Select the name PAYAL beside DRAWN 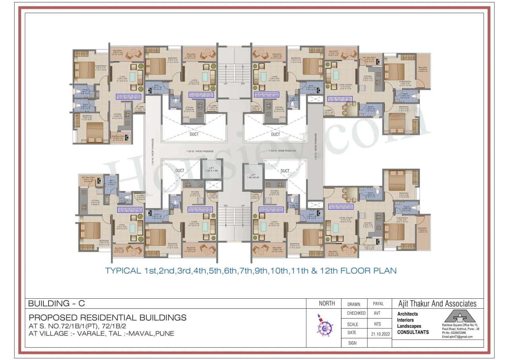pos(378,304)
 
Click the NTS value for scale pos(377,324)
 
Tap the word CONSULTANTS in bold pos(413,332)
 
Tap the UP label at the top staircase pos(226,84)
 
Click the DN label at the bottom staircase pos(225,206)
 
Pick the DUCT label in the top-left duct pos(194,134)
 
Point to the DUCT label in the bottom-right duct pos(285,171)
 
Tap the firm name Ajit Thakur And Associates pos(437,304)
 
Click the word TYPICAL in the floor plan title pos(122,271)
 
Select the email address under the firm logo pos(457,337)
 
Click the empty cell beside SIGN pos(378,342)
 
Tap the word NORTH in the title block pos(327,304)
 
